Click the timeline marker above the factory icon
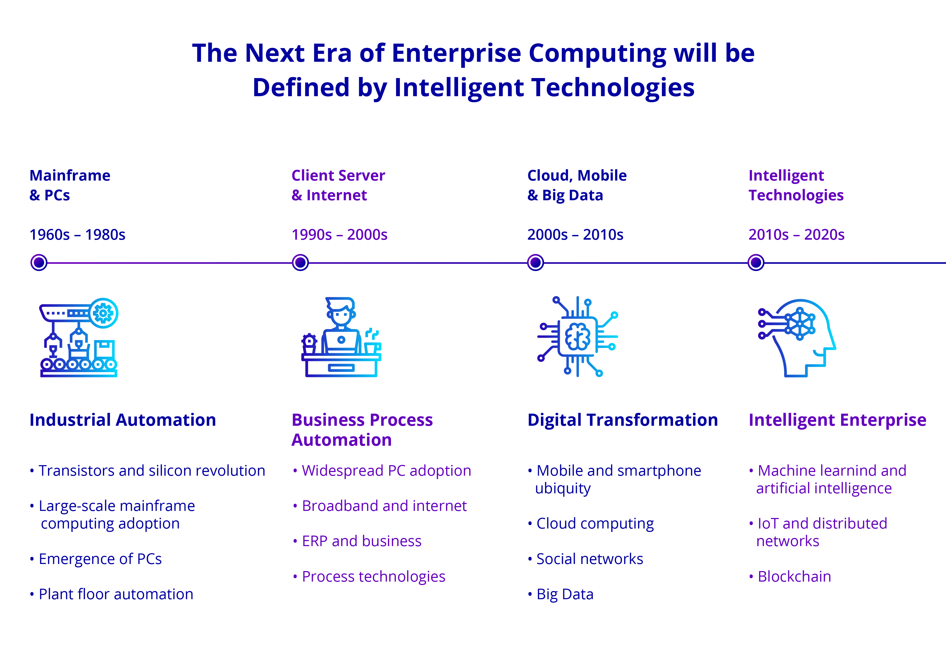point(39,263)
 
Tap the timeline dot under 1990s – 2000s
point(300,263)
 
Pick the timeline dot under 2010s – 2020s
point(756,263)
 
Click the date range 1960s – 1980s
point(77,234)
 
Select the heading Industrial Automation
point(122,420)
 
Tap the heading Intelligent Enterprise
point(837,420)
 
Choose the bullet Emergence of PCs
point(100,559)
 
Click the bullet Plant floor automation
point(115,594)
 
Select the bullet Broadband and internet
point(384,506)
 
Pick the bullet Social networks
point(589,559)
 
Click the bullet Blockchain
point(794,577)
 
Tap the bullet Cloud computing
point(595,524)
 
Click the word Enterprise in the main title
point(456,54)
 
